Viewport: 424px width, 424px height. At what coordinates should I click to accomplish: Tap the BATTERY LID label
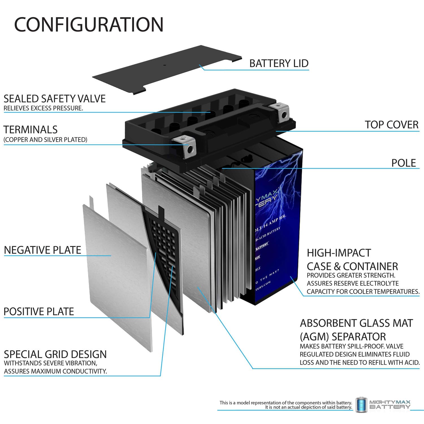point(279,63)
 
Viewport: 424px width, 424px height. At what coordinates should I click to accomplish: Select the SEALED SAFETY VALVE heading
point(55,99)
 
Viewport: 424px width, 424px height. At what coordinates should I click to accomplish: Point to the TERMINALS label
point(31,130)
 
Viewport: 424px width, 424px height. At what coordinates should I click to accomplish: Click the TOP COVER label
point(391,125)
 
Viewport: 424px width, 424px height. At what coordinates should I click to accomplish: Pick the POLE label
point(403,163)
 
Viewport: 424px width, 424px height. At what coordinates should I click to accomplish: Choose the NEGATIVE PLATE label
point(42,250)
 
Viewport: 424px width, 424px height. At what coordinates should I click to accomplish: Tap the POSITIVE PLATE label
point(39,311)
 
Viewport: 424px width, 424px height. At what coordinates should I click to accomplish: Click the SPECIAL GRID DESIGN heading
point(55,354)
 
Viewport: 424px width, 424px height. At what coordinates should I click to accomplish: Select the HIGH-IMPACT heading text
point(339,253)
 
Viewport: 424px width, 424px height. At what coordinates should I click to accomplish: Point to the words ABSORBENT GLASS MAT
point(356,323)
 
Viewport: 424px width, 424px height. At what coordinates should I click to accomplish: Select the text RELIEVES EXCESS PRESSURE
point(43,108)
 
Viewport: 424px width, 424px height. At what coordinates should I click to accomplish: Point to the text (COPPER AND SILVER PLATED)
point(45,140)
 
